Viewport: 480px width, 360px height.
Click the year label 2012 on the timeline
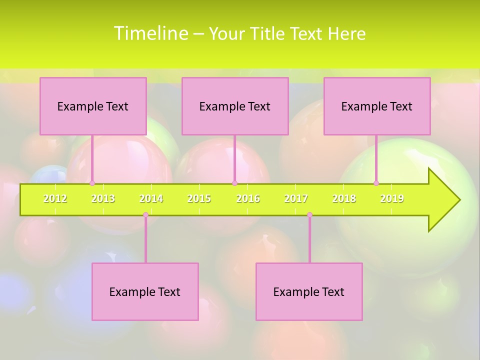point(55,198)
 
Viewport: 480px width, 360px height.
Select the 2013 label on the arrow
point(103,198)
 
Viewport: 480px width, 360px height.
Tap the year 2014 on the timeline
point(151,198)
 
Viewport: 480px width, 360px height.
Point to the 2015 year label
point(199,198)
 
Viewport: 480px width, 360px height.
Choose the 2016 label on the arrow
point(248,198)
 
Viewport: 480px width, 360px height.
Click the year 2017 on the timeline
point(296,198)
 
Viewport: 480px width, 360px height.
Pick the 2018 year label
point(344,198)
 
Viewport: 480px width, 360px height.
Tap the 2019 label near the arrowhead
point(392,198)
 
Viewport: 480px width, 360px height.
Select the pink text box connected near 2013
point(93,106)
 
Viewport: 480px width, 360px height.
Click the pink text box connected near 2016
point(235,106)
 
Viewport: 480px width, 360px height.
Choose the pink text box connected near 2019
point(377,106)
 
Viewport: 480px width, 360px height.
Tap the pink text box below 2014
point(145,291)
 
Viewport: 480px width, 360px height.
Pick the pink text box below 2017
point(309,291)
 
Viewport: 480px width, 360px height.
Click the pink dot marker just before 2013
point(92,183)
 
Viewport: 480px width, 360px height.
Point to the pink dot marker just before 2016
point(235,183)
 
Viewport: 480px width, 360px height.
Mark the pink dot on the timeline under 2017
point(309,215)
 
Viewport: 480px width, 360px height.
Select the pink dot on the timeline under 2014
point(145,215)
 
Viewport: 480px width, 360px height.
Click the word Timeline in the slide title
point(150,33)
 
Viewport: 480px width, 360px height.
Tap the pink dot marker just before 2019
point(376,183)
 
